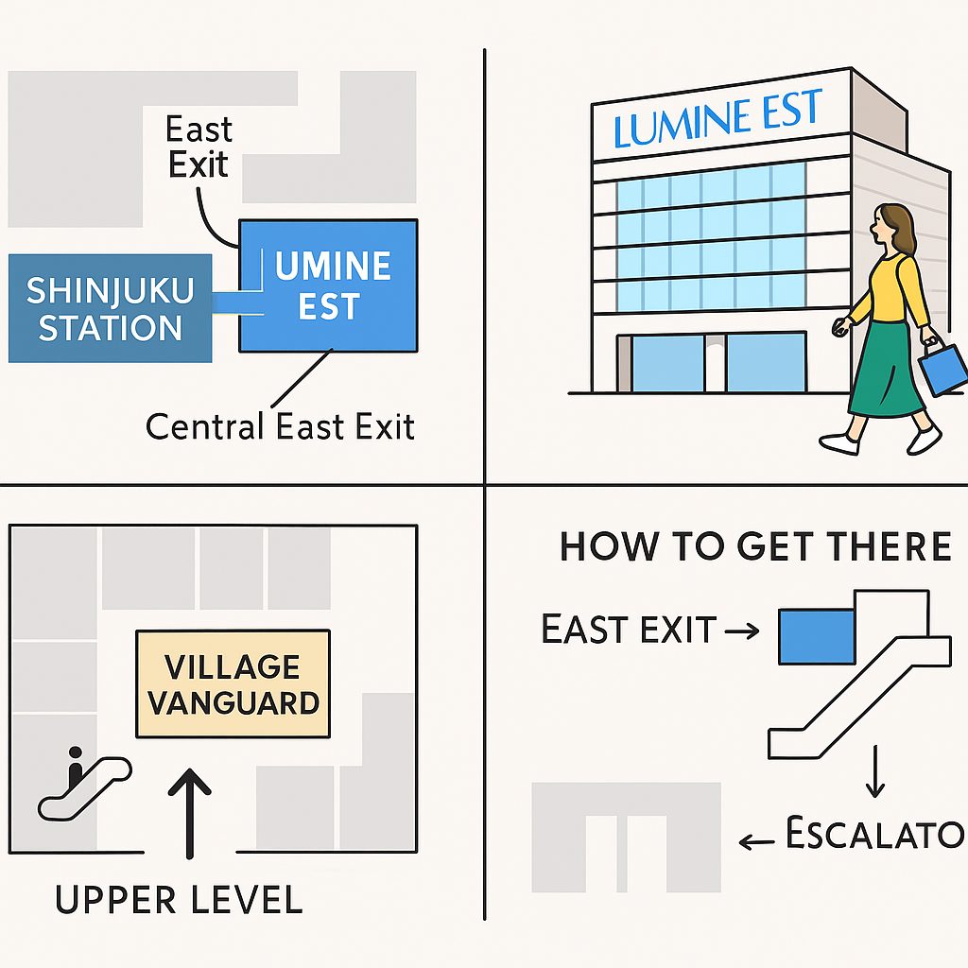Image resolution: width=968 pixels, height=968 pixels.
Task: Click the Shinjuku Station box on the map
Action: coord(109,308)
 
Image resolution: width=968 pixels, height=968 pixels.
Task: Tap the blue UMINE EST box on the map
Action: coord(328,285)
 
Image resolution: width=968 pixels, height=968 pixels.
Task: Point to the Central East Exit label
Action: coord(280,427)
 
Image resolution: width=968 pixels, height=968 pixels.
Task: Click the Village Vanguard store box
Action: coord(233,683)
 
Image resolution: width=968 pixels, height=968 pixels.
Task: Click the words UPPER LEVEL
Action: coord(179,899)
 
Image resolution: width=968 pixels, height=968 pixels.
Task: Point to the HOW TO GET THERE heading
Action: coord(754,547)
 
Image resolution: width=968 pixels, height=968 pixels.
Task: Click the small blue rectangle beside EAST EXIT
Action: coord(816,636)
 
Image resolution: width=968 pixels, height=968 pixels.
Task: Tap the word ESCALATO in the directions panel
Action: coord(873,835)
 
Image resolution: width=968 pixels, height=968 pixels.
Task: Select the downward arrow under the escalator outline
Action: coord(874,773)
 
